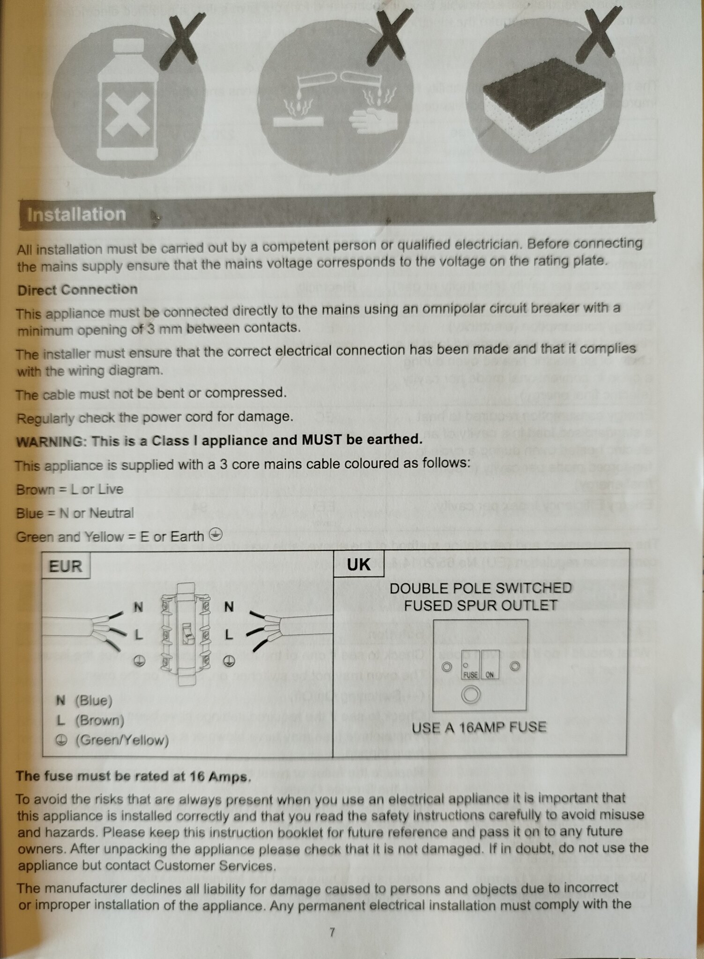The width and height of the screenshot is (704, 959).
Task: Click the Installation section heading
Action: click(x=76, y=214)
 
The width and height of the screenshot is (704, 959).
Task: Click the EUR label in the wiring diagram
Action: click(x=65, y=566)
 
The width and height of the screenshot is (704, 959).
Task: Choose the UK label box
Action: click(x=358, y=564)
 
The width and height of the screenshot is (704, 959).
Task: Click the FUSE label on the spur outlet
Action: click(x=471, y=675)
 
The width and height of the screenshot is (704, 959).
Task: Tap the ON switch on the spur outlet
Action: click(x=490, y=665)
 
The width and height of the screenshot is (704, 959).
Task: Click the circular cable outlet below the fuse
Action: click(x=471, y=695)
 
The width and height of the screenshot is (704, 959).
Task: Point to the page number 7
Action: click(x=332, y=932)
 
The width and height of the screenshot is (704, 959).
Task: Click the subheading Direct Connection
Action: click(x=77, y=290)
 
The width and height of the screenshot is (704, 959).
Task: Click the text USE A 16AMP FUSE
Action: click(x=479, y=727)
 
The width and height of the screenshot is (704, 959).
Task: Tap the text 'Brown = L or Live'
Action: click(x=70, y=490)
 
